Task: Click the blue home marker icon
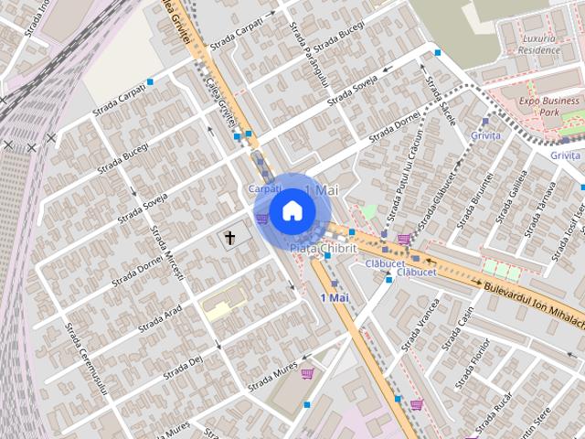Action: pyautogui.click(x=292, y=210)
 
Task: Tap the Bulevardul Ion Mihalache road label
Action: pyautogui.click(x=531, y=301)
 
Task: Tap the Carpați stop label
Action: pyautogui.click(x=264, y=187)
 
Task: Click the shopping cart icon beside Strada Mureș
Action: pyautogui.click(x=307, y=373)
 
